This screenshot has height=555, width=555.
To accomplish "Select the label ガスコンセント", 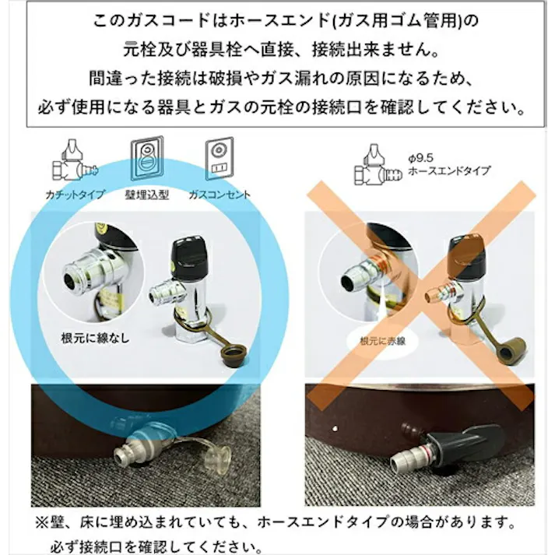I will pos(219,194).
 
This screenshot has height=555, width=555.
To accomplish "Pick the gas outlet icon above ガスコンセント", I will pos(219,158).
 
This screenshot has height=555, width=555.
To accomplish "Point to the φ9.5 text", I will pos(419,157).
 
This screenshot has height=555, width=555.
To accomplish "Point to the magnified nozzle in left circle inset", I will pos(87,274).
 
